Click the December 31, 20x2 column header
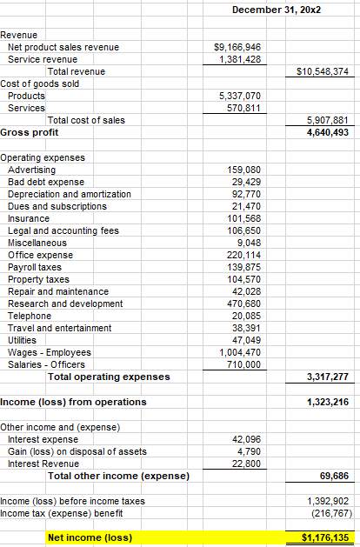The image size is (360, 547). point(272,8)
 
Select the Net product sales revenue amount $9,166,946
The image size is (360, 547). point(237,47)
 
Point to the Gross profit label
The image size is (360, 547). point(25,132)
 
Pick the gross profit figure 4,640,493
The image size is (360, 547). point(328,132)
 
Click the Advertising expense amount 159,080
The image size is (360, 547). point(243,169)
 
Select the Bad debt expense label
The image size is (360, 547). point(45,182)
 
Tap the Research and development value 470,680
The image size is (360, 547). point(243,304)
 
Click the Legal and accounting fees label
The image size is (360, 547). point(63,230)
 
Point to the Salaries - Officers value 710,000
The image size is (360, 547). point(243,364)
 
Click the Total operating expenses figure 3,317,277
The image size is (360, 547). point(328,377)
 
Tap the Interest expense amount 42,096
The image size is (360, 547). point(245,438)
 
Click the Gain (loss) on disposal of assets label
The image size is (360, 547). point(77,450)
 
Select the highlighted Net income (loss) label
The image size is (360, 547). point(90,537)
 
